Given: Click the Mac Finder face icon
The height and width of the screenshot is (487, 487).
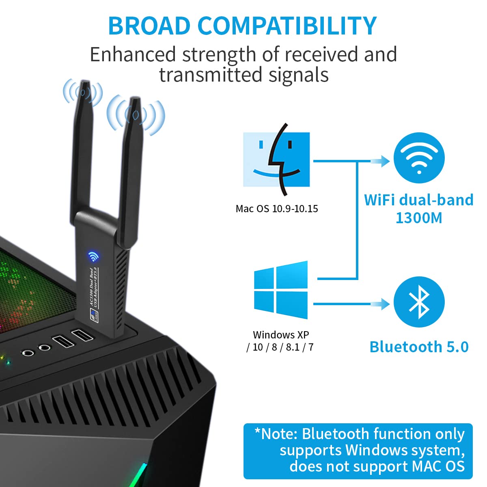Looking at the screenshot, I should point(276,159).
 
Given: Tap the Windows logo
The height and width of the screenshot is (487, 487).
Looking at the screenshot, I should point(281,290).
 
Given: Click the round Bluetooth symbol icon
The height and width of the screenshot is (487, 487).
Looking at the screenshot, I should point(419,302).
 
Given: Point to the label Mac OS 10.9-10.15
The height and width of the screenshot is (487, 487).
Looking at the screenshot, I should point(277,209).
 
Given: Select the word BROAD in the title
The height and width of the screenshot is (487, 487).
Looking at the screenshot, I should point(149,26).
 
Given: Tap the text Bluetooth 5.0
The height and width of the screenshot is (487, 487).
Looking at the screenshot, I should point(419,347).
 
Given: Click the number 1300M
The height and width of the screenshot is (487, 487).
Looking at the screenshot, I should point(419,218).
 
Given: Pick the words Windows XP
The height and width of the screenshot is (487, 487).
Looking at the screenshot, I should point(281,335).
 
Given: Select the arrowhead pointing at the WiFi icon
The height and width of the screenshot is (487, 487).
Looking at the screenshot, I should point(384,161).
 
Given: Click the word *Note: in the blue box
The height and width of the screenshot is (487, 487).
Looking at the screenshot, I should point(276,434).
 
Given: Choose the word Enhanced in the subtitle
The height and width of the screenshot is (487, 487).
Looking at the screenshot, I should point(133,54).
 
